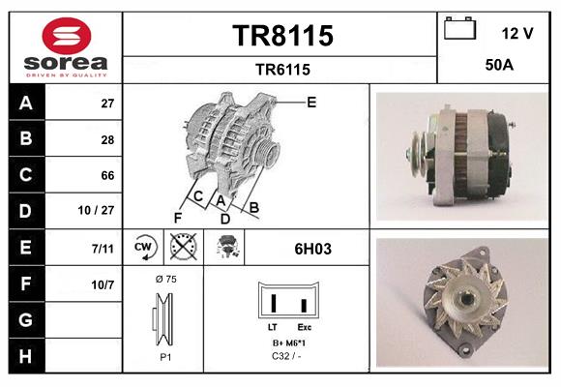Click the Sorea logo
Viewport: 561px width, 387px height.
(x=66, y=48)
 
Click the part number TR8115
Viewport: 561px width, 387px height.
(x=282, y=37)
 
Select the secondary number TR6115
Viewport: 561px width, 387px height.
(x=282, y=69)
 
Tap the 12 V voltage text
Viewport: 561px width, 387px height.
(x=517, y=33)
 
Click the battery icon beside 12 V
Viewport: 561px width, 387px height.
(x=460, y=31)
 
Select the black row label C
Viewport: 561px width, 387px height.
(x=26, y=175)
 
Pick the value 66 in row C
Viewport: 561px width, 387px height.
(x=108, y=175)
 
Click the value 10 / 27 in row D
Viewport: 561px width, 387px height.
(x=101, y=211)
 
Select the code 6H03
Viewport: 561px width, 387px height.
(x=312, y=249)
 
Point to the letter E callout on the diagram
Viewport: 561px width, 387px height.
(x=311, y=102)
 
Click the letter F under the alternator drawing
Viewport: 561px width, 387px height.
(x=177, y=218)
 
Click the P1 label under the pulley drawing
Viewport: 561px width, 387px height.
(x=165, y=356)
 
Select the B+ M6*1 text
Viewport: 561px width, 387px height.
(x=290, y=343)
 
